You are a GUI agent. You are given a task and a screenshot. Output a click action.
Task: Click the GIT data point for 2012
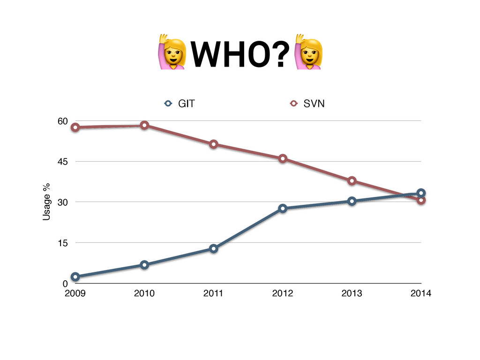[x=283, y=209]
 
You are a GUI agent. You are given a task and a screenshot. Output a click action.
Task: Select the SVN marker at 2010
[x=144, y=125]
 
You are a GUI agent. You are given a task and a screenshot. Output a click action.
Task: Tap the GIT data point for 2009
[x=75, y=277]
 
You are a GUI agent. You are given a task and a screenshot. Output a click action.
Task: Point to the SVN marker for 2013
[x=352, y=181]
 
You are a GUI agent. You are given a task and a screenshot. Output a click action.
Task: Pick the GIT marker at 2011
[x=214, y=248]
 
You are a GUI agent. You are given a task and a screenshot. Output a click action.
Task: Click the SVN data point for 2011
[x=214, y=144]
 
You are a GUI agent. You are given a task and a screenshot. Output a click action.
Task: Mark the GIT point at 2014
[x=421, y=193]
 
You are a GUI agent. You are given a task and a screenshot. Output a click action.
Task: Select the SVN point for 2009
[x=75, y=127]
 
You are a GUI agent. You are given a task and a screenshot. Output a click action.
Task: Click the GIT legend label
[x=186, y=104]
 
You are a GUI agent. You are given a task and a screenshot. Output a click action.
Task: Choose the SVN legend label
[x=314, y=104]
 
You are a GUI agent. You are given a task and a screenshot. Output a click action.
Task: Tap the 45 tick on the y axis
[x=62, y=161]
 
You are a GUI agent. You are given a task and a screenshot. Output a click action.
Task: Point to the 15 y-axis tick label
[x=62, y=243]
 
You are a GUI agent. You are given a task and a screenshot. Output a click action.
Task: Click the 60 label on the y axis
[x=62, y=121]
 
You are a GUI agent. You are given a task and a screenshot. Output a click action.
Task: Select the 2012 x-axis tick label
[x=283, y=294]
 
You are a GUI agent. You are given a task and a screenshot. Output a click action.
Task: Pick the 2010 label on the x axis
[x=144, y=294]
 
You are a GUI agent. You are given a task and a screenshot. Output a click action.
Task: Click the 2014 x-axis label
[x=420, y=294]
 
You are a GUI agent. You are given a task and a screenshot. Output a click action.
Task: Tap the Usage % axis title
[x=47, y=202]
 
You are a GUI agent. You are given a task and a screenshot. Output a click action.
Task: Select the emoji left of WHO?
[x=172, y=52]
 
